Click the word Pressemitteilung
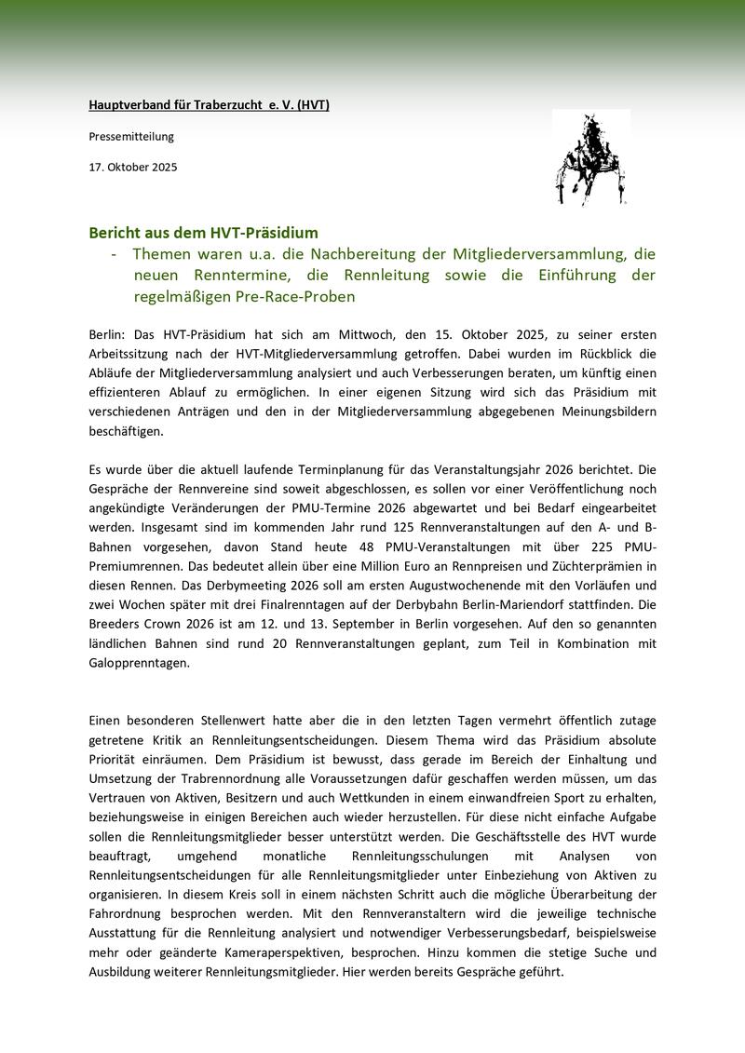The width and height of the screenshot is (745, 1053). coord(131,137)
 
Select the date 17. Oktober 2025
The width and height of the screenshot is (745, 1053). coord(133,168)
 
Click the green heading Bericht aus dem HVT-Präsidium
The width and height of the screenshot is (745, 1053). coord(204,232)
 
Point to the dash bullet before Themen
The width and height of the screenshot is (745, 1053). coord(114,254)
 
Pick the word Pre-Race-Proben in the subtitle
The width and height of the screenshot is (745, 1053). coord(296,296)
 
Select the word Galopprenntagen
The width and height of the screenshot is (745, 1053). coord(139,664)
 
